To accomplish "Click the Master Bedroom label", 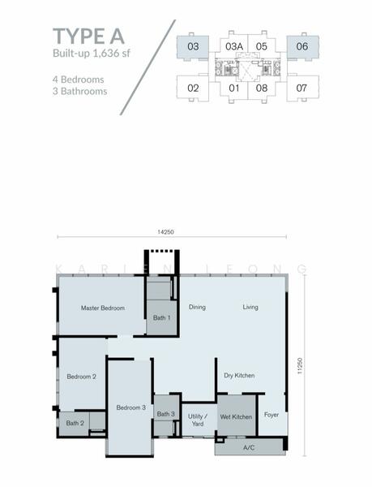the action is point(103,308).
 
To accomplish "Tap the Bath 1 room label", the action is point(162,317).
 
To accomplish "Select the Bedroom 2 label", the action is point(82,377).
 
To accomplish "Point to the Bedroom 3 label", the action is point(131,407).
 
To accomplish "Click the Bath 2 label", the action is point(75,423).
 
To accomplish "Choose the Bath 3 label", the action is point(166,414).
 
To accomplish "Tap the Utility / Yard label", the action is point(198,420).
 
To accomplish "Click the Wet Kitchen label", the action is point(236,417).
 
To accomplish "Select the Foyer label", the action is point(272,415).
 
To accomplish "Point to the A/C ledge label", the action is point(249,447).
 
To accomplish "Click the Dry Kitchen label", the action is point(239,376).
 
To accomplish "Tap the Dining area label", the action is point(197,307).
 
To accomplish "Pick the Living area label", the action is point(250,307).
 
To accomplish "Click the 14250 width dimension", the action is point(166,232).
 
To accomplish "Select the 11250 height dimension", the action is point(299,365).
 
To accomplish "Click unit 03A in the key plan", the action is point(234,46).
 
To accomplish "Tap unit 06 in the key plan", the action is point(302,46).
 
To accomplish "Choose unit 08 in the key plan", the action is point(262,88).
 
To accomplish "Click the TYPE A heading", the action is point(88,37).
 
